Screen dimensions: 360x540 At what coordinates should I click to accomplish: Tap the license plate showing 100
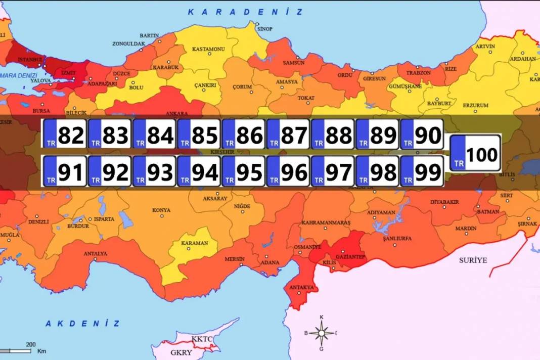pos(475,153)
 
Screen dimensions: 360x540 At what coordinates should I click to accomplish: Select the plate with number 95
pos(243,171)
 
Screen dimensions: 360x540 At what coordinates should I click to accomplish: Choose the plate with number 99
pos(422,171)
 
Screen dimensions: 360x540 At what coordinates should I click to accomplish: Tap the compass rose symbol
pos(322,333)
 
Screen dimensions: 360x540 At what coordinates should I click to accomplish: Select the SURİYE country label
pos(473,260)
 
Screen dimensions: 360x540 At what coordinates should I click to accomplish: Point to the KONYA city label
pos(161,210)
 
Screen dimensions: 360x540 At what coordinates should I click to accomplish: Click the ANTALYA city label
pos(95,253)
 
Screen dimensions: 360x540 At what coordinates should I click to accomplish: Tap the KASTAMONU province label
pos(208,49)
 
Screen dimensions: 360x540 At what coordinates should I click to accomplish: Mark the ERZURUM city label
pos(476,105)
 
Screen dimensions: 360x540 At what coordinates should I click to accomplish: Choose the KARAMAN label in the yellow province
pos(195,243)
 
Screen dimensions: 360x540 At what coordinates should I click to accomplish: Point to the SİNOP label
pos(264,29)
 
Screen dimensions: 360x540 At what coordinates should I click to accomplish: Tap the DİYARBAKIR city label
pos(444,202)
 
